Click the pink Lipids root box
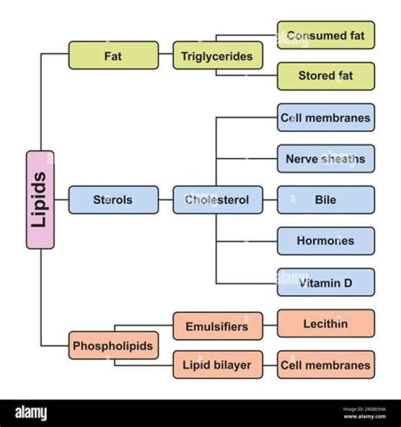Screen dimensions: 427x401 pos(40,199)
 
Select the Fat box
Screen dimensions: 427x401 pos(113,55)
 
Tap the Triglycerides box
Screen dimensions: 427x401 pos(217,55)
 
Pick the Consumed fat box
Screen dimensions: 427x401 pos(326,35)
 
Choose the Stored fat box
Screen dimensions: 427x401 pos(326,76)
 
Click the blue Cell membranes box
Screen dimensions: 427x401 pos(326,117)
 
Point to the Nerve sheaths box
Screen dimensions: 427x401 pos(326,159)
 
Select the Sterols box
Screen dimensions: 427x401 pos(113,199)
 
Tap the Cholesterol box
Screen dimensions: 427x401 pos(217,199)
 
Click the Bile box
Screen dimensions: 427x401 pos(326,199)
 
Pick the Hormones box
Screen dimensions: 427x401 pos(326,241)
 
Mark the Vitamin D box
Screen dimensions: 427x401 pos(326,282)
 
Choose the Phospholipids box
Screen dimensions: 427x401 pos(113,346)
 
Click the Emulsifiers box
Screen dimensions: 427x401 pos(217,326)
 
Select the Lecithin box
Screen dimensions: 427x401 pos(326,323)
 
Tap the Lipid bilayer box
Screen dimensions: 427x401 pos(217,365)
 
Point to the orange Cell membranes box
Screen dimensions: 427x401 pos(326,365)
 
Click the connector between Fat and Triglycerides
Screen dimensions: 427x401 pos(165,55)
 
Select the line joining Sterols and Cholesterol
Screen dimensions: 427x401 pos(165,199)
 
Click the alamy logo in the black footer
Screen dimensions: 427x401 pos(31,413)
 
